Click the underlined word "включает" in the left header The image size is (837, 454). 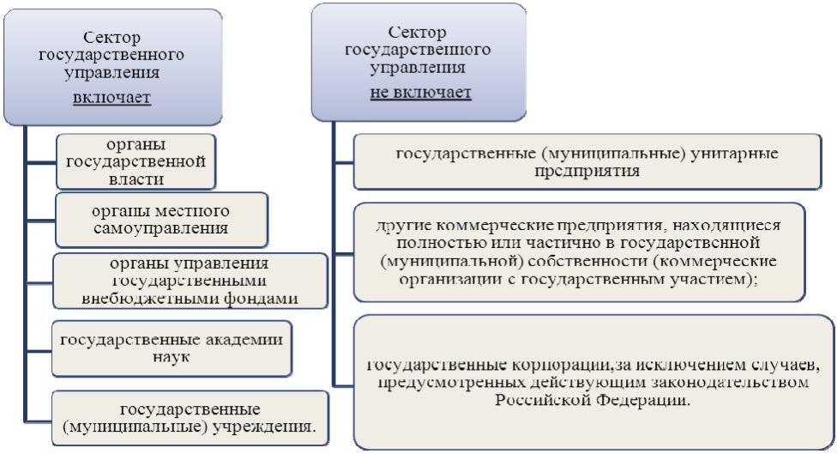click(x=111, y=97)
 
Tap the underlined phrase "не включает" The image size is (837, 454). click(x=420, y=92)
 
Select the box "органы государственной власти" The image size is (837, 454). click(x=135, y=160)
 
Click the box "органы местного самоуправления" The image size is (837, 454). click(x=160, y=219)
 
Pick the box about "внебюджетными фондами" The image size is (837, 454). click(x=190, y=281)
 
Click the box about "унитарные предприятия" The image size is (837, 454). click(x=587, y=161)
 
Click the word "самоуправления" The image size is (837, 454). click(x=161, y=228)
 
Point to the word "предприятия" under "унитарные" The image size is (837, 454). click(x=587, y=170)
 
